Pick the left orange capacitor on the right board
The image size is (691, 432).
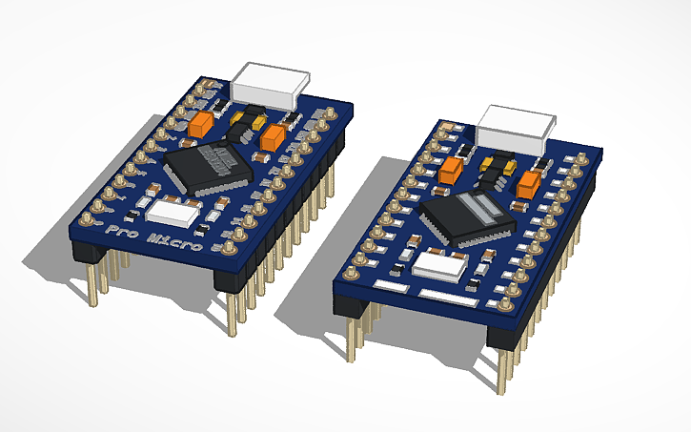[x=453, y=170]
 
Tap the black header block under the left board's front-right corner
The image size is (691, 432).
[x=231, y=279]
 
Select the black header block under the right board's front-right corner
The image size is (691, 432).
[x=506, y=334]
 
